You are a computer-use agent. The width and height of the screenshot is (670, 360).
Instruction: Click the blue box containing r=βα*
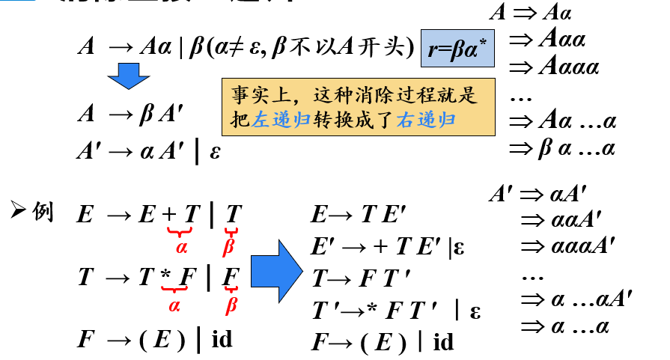click(457, 51)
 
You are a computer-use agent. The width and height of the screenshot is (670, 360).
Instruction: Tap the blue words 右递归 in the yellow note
click(426, 120)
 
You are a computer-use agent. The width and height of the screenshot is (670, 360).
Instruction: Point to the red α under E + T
click(182, 245)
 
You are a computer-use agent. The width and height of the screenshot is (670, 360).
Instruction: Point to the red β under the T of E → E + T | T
click(231, 245)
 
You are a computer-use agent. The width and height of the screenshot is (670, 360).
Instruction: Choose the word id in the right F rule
click(444, 342)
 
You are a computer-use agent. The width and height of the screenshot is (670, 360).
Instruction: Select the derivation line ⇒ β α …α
click(561, 148)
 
